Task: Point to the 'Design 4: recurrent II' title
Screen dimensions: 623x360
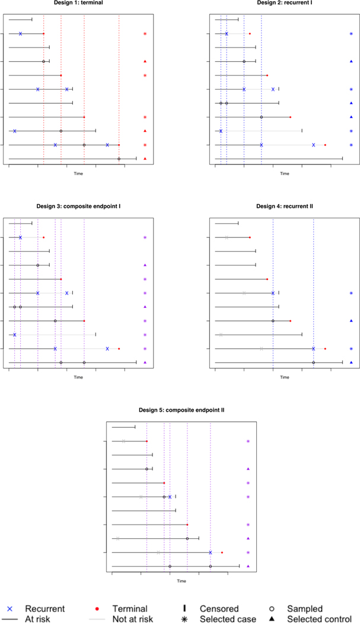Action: coord(285,206)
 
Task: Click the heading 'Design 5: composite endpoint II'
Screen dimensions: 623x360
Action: coord(181,410)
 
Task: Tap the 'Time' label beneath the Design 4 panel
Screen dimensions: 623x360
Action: coord(285,377)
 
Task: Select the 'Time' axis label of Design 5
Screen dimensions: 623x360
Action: coord(181,581)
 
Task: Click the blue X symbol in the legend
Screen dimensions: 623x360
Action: coord(8,609)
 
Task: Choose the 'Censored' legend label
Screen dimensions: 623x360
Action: coord(219,609)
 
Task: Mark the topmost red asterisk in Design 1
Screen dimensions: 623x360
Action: coord(145,34)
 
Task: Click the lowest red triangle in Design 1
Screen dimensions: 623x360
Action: coord(145,158)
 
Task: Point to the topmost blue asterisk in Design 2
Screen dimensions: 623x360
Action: coord(352,34)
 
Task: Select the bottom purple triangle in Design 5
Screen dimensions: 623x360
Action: coord(248,566)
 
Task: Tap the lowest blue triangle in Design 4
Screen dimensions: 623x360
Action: coord(352,363)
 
